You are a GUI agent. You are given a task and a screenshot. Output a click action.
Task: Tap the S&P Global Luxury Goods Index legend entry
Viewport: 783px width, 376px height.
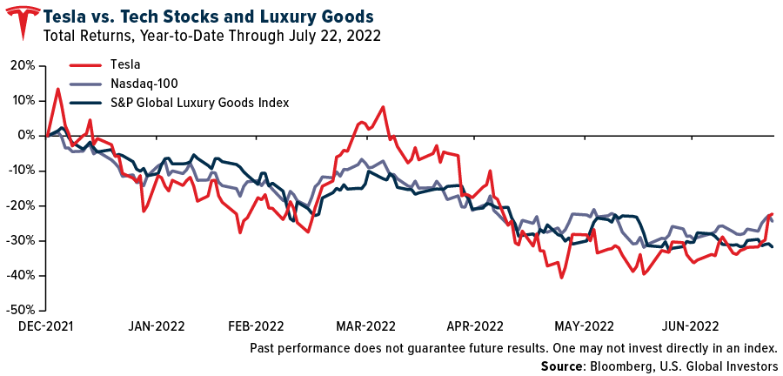coord(199,103)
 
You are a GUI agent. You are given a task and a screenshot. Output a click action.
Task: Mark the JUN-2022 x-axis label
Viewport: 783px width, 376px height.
coord(690,327)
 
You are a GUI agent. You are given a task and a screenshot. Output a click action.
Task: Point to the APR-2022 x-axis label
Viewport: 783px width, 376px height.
coord(475,327)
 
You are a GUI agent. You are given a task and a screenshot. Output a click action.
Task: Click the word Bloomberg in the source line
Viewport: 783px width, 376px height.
coord(617,366)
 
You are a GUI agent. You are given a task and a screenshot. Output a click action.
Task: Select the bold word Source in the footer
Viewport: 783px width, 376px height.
coord(563,366)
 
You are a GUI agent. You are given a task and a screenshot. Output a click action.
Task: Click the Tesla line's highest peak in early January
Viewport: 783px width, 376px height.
coord(57,89)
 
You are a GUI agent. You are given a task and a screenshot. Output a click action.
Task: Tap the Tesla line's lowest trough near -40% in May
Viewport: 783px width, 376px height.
coord(562,278)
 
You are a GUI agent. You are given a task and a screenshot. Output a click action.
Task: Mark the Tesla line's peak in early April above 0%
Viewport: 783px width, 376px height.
coord(384,107)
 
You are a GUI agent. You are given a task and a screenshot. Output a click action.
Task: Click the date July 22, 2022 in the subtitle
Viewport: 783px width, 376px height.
coord(331,36)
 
